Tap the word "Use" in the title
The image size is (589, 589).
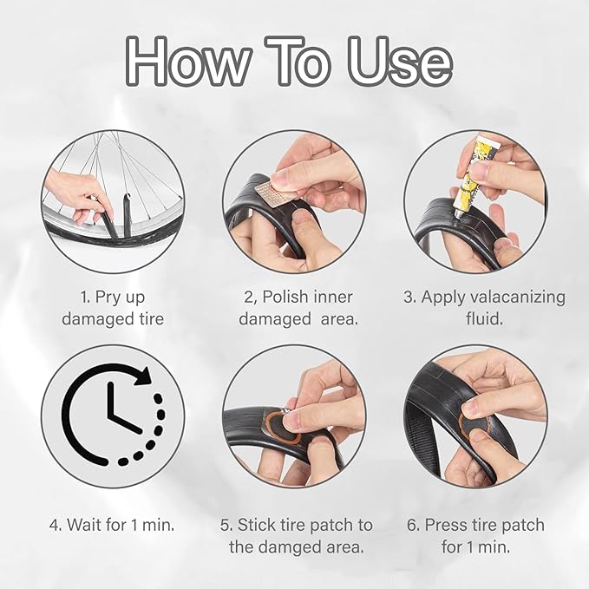tap(400, 62)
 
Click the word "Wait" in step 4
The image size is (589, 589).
tap(84, 525)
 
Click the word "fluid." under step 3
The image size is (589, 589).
tap(484, 318)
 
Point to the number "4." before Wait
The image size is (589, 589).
tap(56, 525)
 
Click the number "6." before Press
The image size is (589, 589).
tap(414, 525)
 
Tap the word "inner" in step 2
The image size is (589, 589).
tap(332, 297)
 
